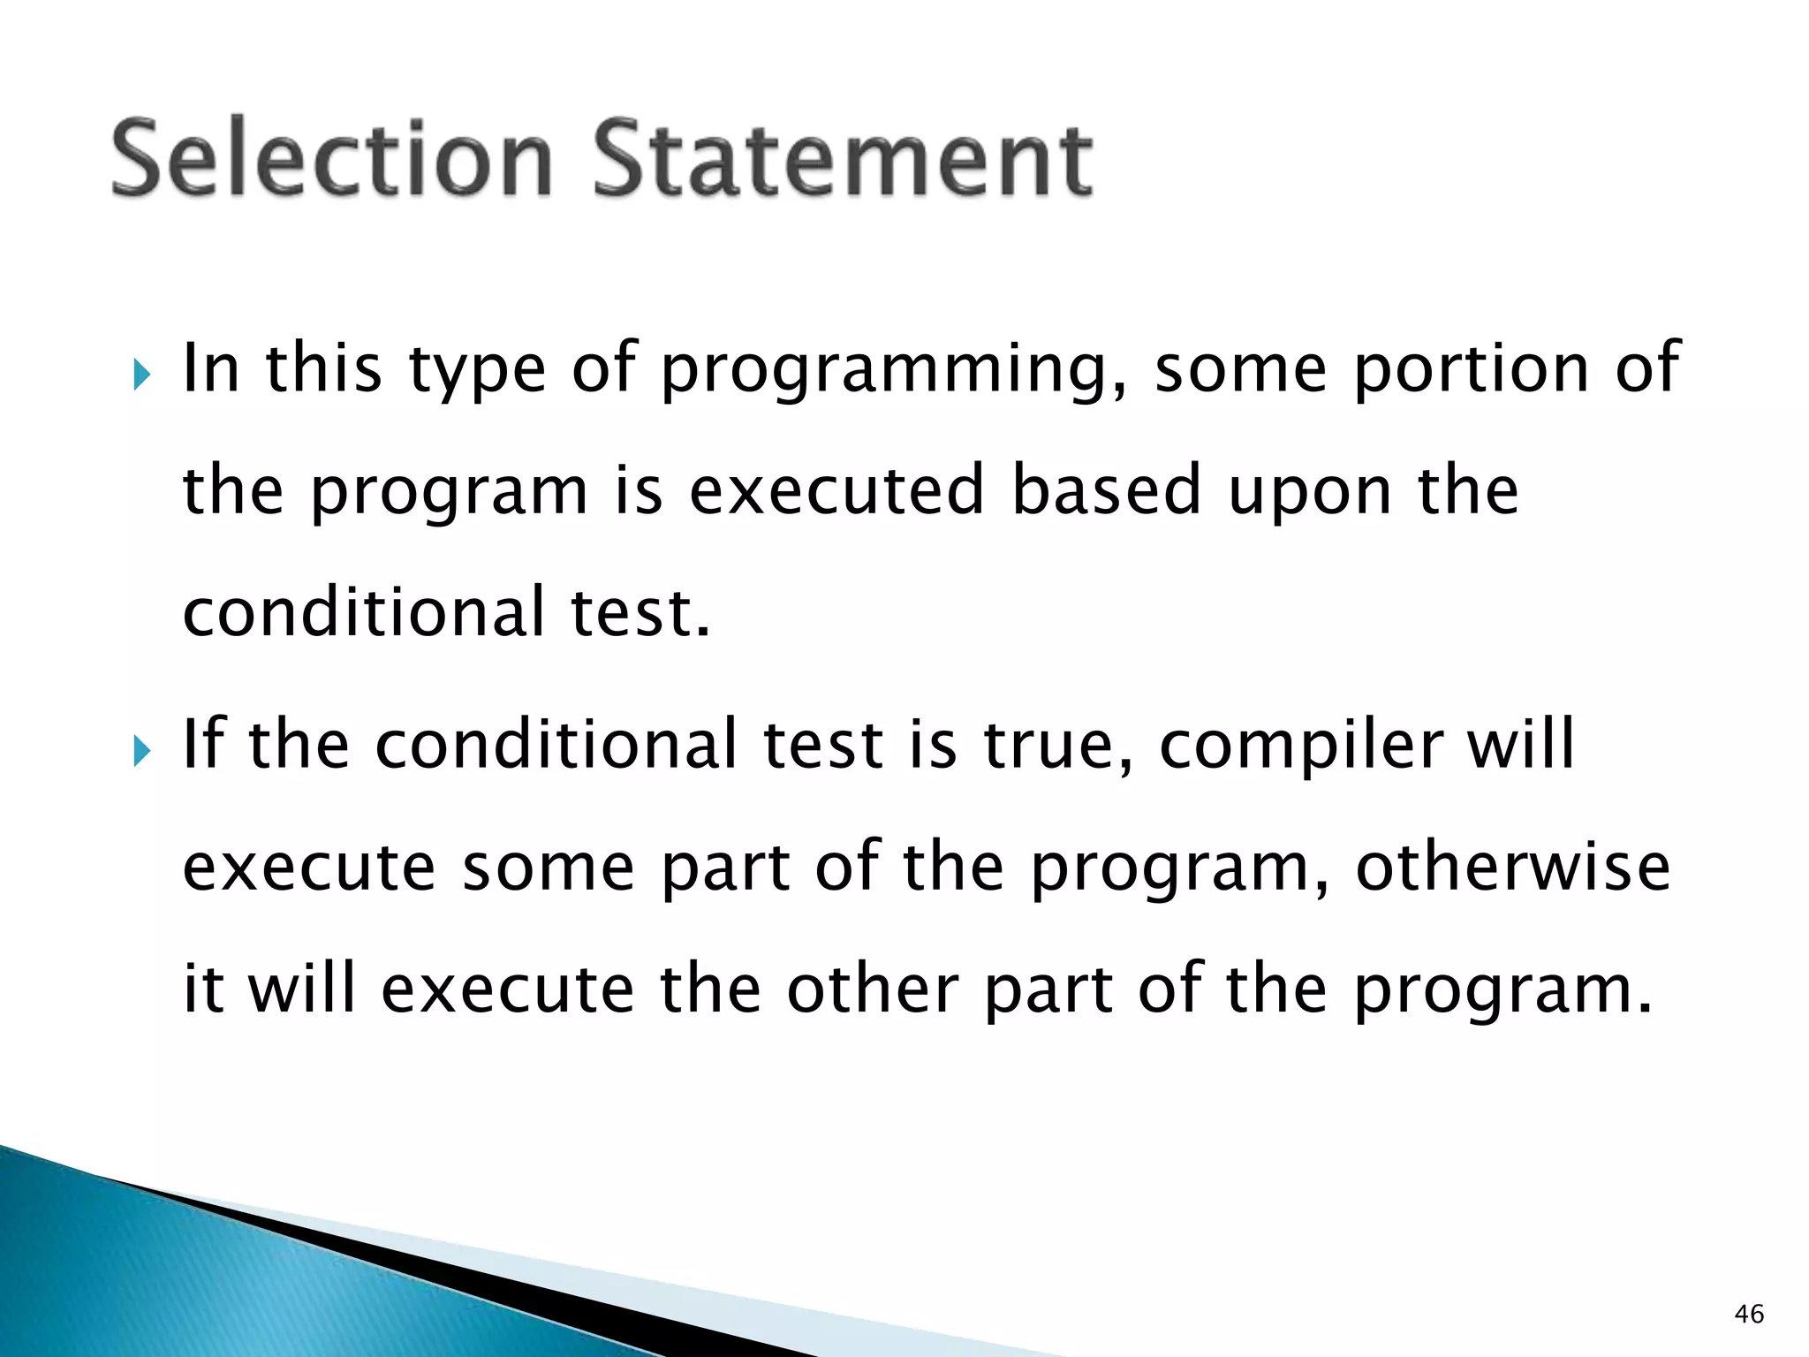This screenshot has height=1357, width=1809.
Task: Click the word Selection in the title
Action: pyautogui.click(x=331, y=159)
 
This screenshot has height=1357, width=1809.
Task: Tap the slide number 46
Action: pyautogui.click(x=1749, y=1314)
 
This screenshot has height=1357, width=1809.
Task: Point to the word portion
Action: pyautogui.click(x=1472, y=369)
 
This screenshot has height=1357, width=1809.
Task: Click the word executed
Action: pyautogui.click(x=836, y=490)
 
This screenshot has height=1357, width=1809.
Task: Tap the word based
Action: pyautogui.click(x=1106, y=490)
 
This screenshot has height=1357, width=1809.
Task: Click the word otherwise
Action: pyautogui.click(x=1512, y=868)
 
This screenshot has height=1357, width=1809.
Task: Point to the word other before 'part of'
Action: pyautogui.click(x=873, y=989)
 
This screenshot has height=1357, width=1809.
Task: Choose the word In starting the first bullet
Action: pyautogui.click(x=211, y=369)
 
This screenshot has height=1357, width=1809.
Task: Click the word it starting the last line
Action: pyautogui.click(x=202, y=989)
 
